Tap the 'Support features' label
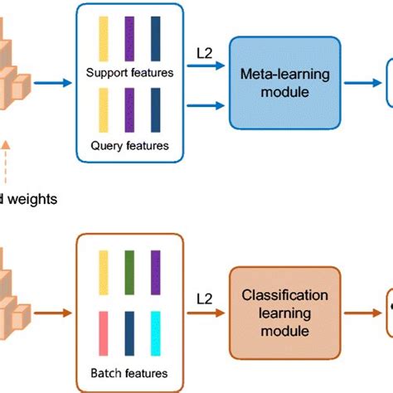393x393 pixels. (129, 73)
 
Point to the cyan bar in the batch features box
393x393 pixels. (156, 332)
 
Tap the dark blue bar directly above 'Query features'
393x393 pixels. (156, 109)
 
